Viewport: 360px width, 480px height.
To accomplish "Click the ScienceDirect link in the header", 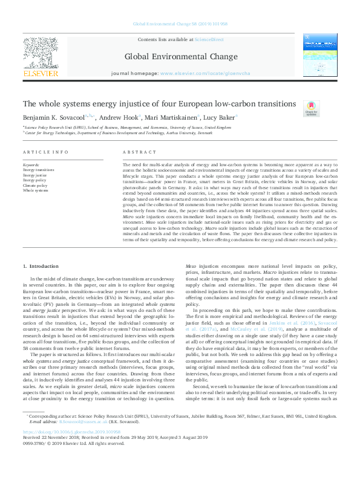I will [209, 39].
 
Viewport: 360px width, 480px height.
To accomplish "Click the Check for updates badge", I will [312, 108].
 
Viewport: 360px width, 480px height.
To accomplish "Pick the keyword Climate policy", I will [36, 185].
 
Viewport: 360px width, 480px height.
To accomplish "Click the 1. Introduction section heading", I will [42, 266].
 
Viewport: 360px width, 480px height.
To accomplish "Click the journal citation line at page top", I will [180, 24].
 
